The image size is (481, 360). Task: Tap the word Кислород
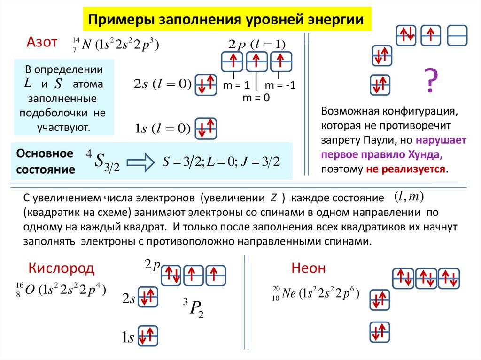tap(62, 268)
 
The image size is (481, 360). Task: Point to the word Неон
tap(308, 268)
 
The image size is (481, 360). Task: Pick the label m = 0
tap(256, 98)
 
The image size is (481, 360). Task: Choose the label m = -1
tap(279, 86)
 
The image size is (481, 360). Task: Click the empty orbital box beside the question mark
tap(457, 35)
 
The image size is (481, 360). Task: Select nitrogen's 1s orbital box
tap(206, 128)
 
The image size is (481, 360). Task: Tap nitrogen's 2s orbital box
tap(206, 84)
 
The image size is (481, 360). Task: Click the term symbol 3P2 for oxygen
tap(193, 307)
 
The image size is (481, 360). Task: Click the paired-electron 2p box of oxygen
tap(171, 275)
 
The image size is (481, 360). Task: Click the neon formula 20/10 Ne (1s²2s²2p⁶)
tap(316, 293)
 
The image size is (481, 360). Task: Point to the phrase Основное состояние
tap(46, 161)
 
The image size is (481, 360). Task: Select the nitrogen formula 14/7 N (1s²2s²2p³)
tap(116, 45)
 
